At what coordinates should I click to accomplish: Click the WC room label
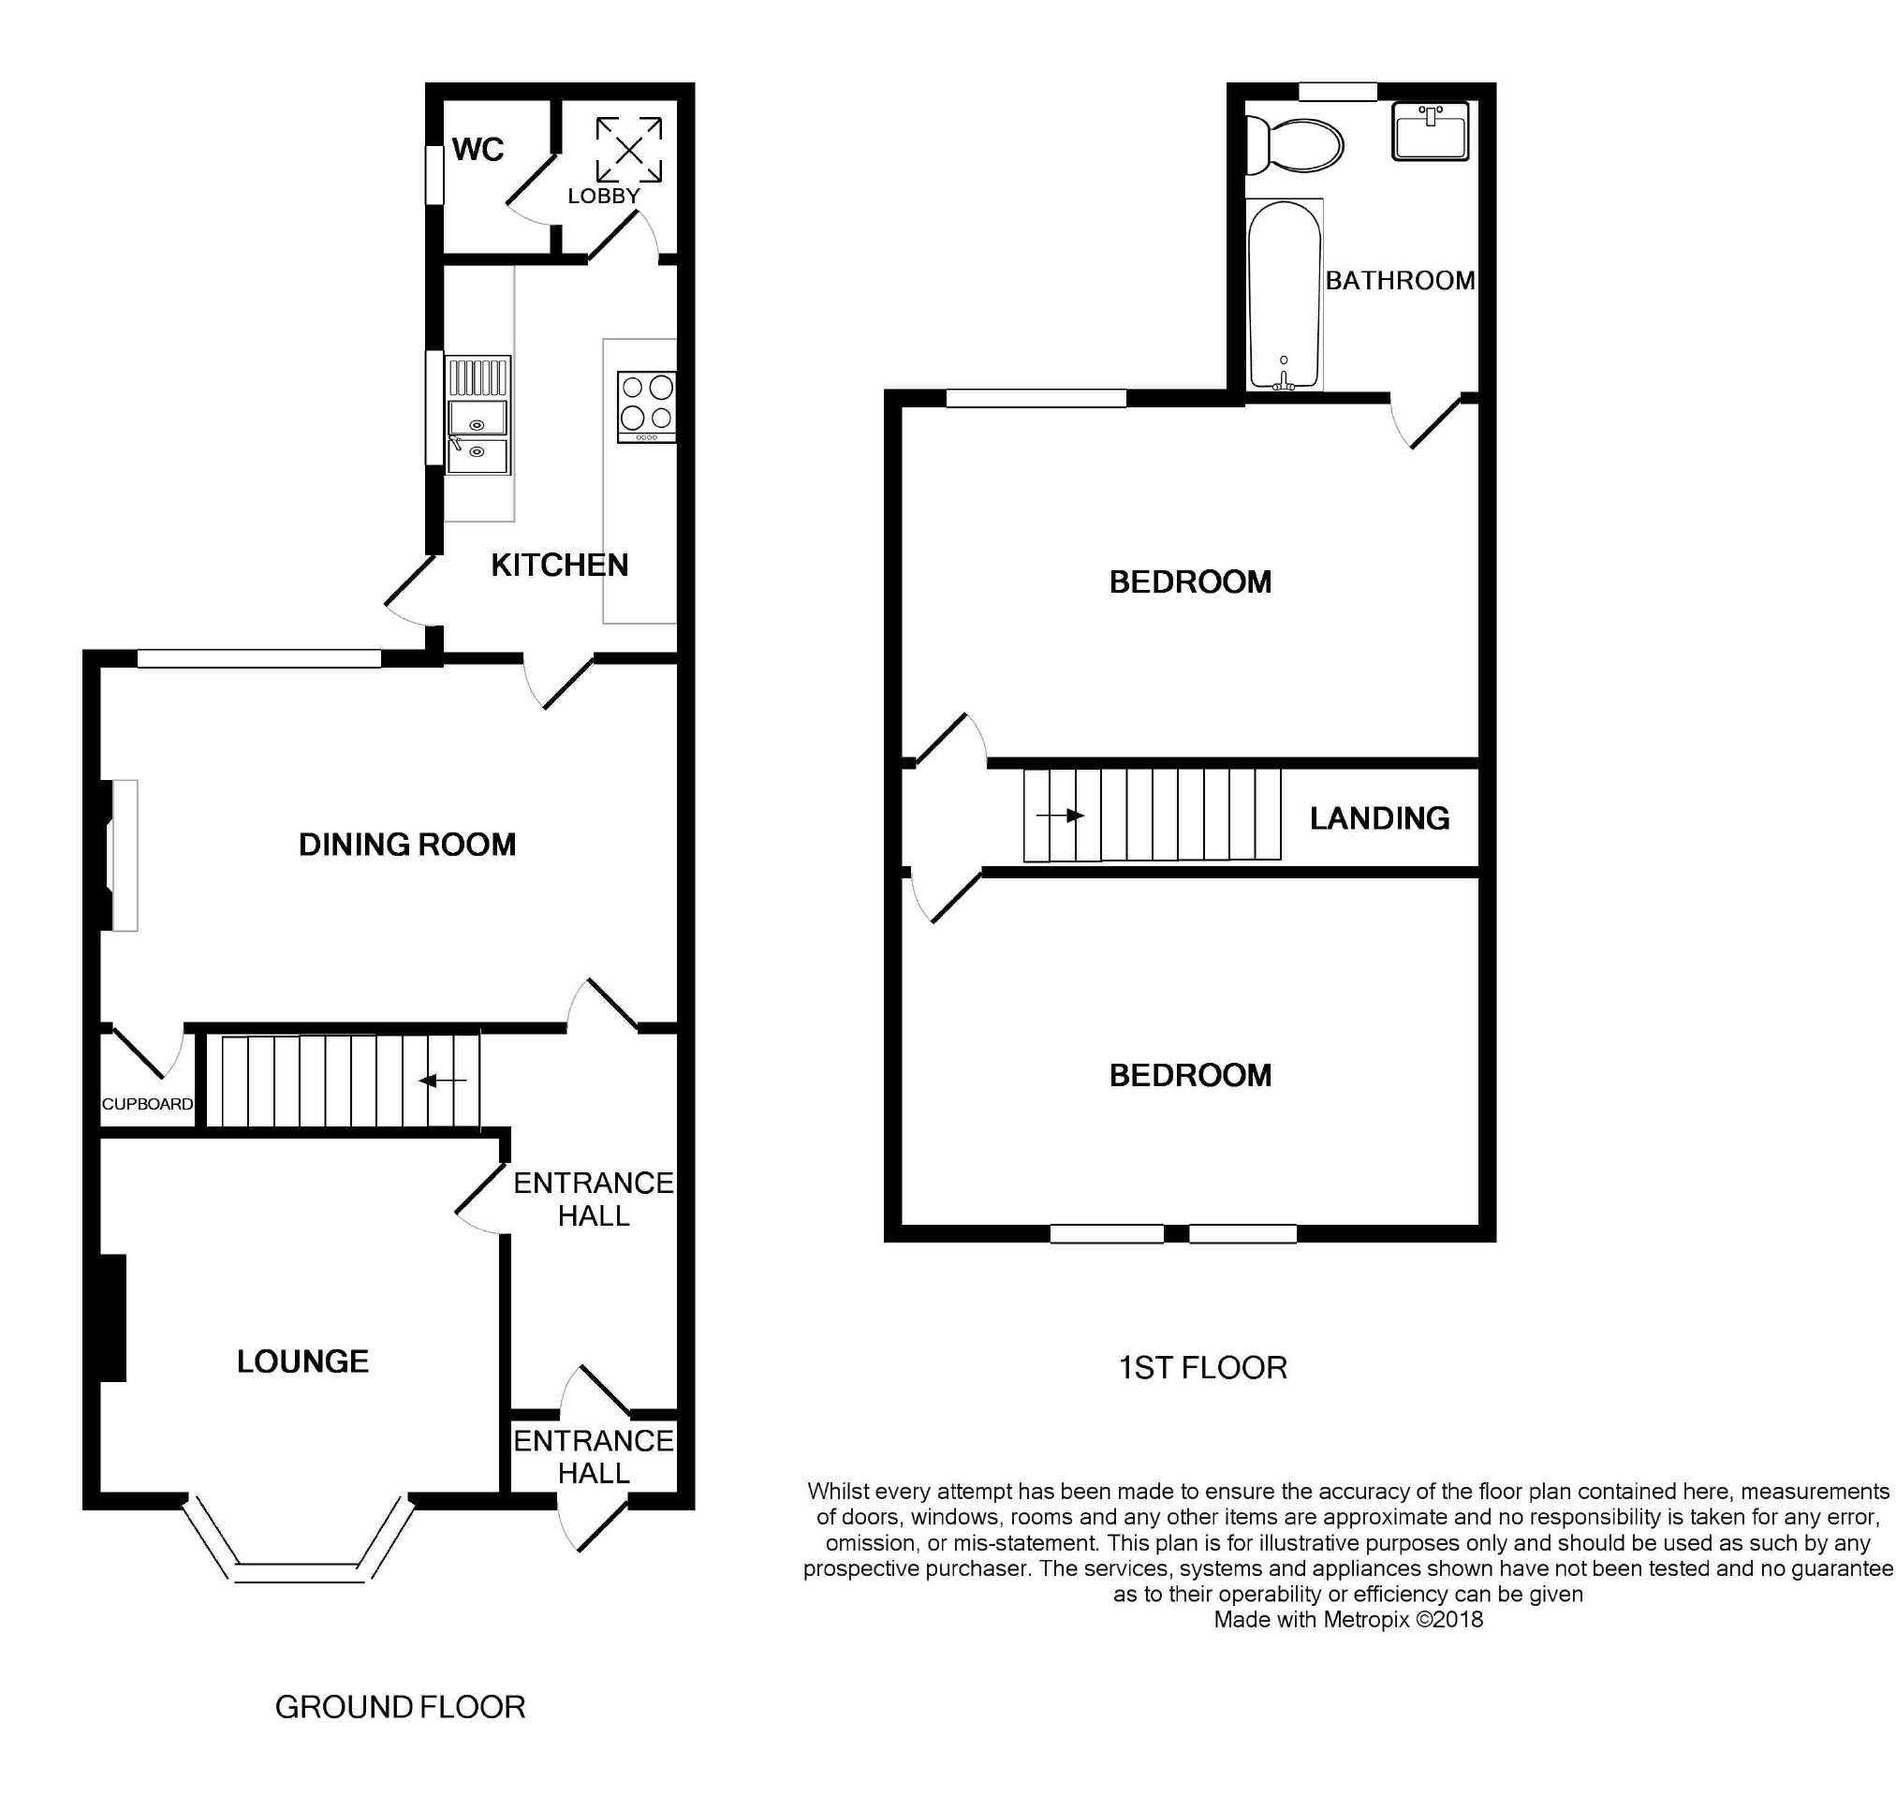tap(478, 150)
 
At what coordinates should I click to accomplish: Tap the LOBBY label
tap(603, 196)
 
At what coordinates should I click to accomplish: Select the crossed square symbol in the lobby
tap(628, 150)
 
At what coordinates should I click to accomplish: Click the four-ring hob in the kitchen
tap(646, 406)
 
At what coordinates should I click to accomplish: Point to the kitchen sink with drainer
tap(478, 416)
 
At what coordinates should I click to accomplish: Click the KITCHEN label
tap(560, 565)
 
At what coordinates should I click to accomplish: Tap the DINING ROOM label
tap(407, 845)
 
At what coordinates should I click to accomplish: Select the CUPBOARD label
tap(148, 1104)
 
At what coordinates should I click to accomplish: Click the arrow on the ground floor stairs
tap(443, 1081)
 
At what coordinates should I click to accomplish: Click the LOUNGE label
tap(303, 1361)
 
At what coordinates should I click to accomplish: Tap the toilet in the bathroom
tap(1294, 147)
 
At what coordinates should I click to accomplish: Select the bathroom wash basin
tap(1430, 131)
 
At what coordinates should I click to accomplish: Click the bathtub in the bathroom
tap(1284, 294)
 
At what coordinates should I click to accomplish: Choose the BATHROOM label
tap(1400, 280)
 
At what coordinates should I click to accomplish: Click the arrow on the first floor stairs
tap(1061, 816)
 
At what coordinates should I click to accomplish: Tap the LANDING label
tap(1380, 818)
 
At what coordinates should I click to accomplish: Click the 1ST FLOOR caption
tap(1202, 1367)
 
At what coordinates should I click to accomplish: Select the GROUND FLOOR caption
tap(401, 1707)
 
